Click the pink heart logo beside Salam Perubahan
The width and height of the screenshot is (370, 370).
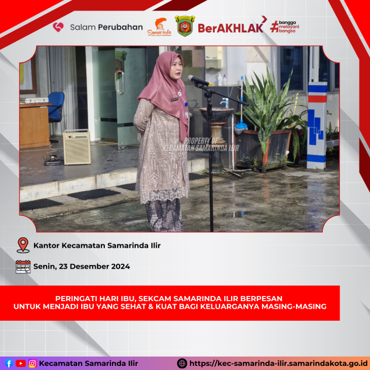click(x=58, y=27)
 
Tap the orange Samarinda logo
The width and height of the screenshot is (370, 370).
click(x=159, y=27)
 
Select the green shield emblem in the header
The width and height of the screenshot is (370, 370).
click(x=185, y=26)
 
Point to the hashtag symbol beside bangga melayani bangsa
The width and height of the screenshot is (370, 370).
click(x=274, y=26)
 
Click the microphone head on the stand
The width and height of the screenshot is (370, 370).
click(x=198, y=81)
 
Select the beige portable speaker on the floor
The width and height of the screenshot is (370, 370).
click(x=77, y=147)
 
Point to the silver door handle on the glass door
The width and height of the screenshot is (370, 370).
click(x=120, y=82)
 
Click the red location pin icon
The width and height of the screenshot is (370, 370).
click(x=23, y=245)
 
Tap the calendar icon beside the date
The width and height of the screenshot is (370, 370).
click(x=23, y=267)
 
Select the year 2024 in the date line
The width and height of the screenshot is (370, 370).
click(x=121, y=266)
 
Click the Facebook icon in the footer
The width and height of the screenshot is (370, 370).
click(x=9, y=363)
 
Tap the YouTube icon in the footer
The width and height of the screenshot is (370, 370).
click(x=21, y=363)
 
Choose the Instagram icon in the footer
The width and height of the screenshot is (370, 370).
click(x=32, y=363)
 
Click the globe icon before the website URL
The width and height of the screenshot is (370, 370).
click(x=182, y=363)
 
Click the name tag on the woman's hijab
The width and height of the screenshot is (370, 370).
click(x=175, y=100)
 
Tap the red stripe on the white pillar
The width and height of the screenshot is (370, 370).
click(x=318, y=99)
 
